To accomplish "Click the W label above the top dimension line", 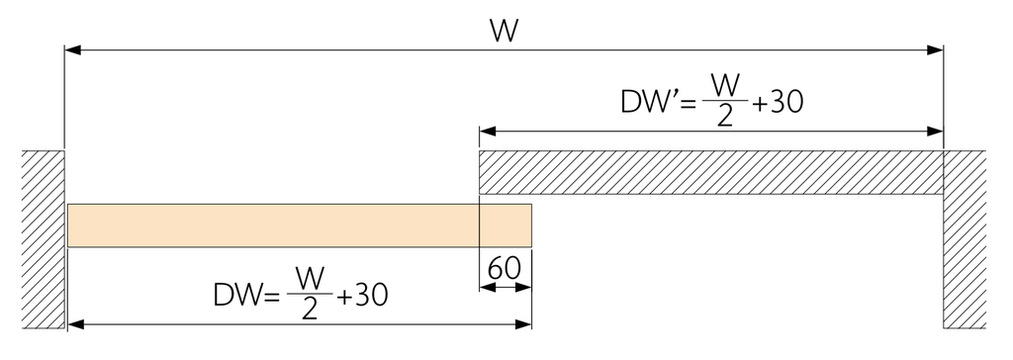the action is tap(505, 31).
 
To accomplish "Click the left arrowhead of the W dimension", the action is tap(72, 49).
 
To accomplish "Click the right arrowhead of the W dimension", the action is tap(935, 49).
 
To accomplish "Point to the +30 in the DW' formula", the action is tap(779, 102).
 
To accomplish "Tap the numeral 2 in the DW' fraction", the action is tap(725, 116).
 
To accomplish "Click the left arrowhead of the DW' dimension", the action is tap(487, 132).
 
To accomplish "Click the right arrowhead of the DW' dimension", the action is tap(935, 132).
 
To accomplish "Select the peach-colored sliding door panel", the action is tap(300, 225).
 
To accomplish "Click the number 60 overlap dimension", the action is tap(505, 269).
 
